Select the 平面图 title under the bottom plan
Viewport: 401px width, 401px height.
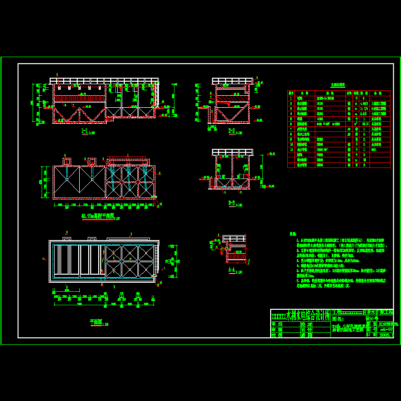[x=95, y=323]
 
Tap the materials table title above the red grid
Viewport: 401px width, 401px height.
[x=337, y=85]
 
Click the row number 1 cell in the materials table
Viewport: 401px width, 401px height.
[x=291, y=98]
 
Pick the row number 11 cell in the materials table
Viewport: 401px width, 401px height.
[x=291, y=149]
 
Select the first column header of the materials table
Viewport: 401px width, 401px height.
[x=291, y=93]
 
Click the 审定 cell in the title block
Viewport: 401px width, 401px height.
[x=277, y=324]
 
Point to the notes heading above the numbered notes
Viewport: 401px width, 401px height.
[x=293, y=234]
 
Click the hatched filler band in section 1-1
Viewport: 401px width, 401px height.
[x=80, y=98]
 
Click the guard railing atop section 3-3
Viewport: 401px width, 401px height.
[x=232, y=152]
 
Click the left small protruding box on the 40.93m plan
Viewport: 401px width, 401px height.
[x=67, y=161]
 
